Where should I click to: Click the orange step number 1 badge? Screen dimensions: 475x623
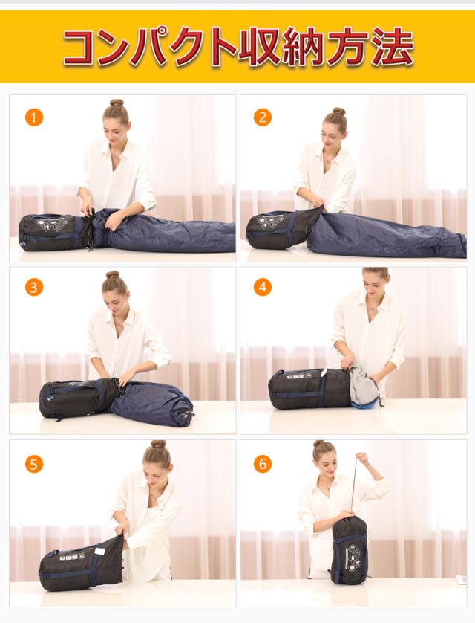33,117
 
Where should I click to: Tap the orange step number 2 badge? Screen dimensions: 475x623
263,117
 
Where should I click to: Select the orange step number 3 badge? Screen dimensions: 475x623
33,287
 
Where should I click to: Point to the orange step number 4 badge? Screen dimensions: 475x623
263,287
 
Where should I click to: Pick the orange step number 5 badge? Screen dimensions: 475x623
33,464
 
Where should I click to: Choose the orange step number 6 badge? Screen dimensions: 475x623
263,464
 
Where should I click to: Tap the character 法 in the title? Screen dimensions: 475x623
391,47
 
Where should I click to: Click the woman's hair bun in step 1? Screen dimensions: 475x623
117,103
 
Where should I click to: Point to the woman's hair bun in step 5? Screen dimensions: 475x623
159,444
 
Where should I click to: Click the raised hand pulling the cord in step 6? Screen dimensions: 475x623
361,458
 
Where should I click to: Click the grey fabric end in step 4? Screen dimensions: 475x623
363,387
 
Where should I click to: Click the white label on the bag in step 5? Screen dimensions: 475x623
101,551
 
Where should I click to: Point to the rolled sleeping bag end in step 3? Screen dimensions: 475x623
184,414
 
